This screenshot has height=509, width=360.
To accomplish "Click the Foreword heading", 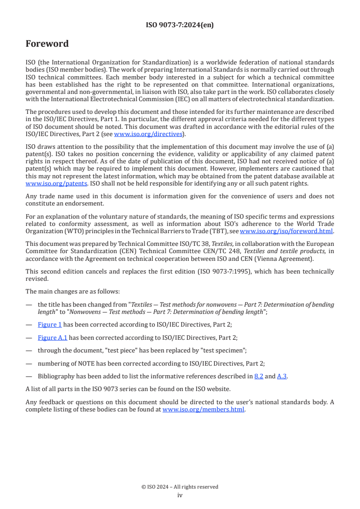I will coord(47,44).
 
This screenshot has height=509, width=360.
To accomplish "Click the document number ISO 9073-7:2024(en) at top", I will coord(180,25).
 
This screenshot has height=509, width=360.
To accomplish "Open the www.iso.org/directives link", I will coord(148,134).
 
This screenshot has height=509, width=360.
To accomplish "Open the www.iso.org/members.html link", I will coord(203,409).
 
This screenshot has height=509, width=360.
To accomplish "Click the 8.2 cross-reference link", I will coord(259,376).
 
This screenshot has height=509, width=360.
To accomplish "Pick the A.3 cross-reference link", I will coord(282,376).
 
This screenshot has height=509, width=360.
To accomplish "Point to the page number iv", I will coord(180,495).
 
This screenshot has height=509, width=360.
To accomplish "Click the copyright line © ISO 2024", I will coord(180,487).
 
